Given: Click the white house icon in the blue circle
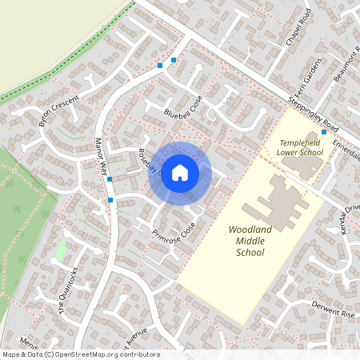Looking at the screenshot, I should click(x=180, y=172).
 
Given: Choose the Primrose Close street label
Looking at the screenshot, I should click(x=174, y=232).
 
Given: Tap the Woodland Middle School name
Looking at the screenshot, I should click(x=250, y=241).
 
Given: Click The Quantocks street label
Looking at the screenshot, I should click(x=68, y=287).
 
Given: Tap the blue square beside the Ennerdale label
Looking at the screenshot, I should click(x=323, y=131).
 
